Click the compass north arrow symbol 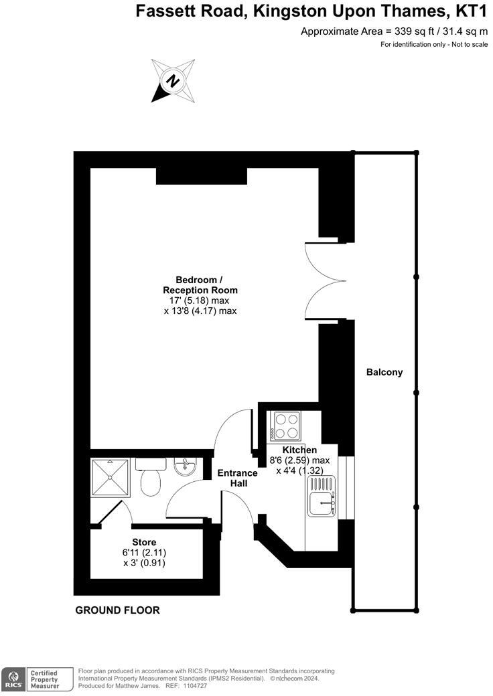(173, 81)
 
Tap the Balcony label (384, 372)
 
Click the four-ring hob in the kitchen (286, 424)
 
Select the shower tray (108, 476)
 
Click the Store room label (144, 542)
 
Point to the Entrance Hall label (238, 478)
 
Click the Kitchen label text (299, 450)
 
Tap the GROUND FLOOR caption (117, 610)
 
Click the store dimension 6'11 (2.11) (144, 553)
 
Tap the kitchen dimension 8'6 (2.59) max (299, 460)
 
